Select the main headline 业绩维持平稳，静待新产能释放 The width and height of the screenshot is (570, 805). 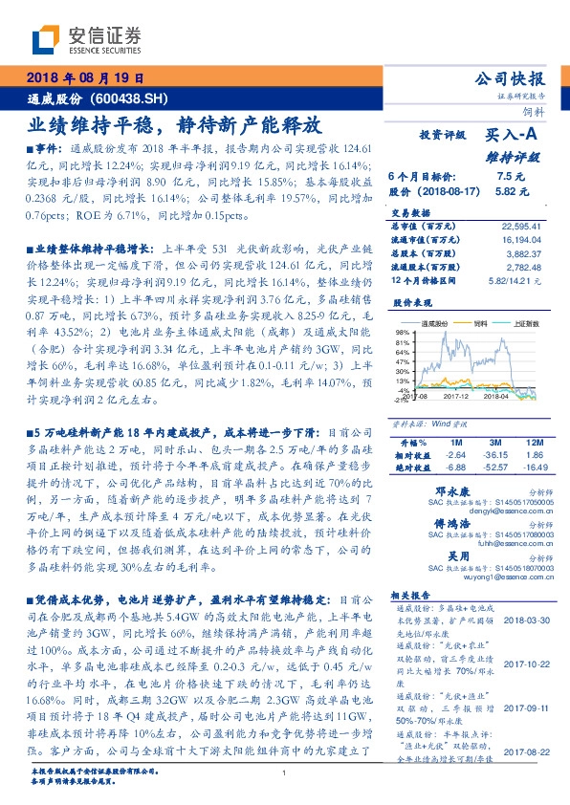[x=173, y=124]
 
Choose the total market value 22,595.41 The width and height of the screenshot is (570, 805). [x=522, y=227]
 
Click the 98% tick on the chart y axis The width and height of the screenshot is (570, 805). [x=402, y=332]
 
